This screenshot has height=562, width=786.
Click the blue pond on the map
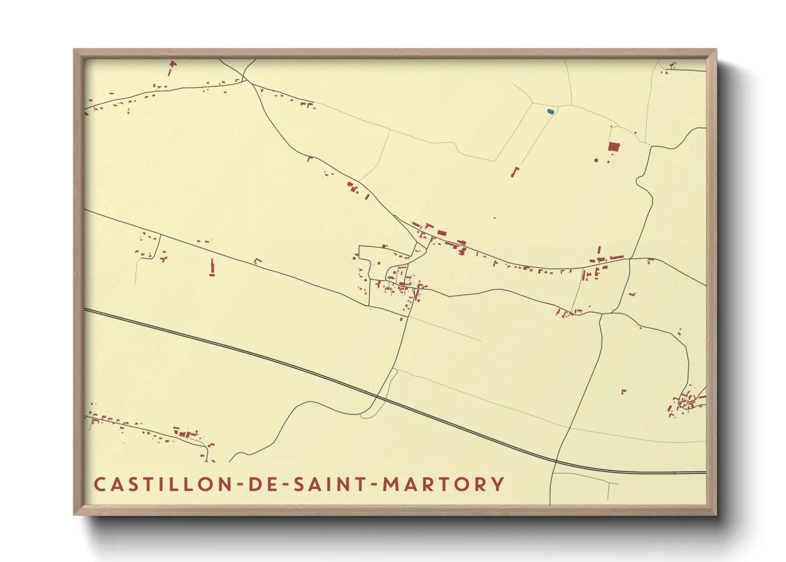tap(551, 112)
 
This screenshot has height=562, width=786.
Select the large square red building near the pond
tap(614, 147)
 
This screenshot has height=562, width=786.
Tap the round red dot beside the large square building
tap(596, 160)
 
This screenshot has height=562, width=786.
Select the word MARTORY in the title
tap(443, 484)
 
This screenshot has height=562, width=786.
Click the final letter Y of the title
tap(498, 484)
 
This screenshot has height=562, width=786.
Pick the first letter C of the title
tap(99, 484)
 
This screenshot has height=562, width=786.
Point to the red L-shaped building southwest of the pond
tap(514, 172)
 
